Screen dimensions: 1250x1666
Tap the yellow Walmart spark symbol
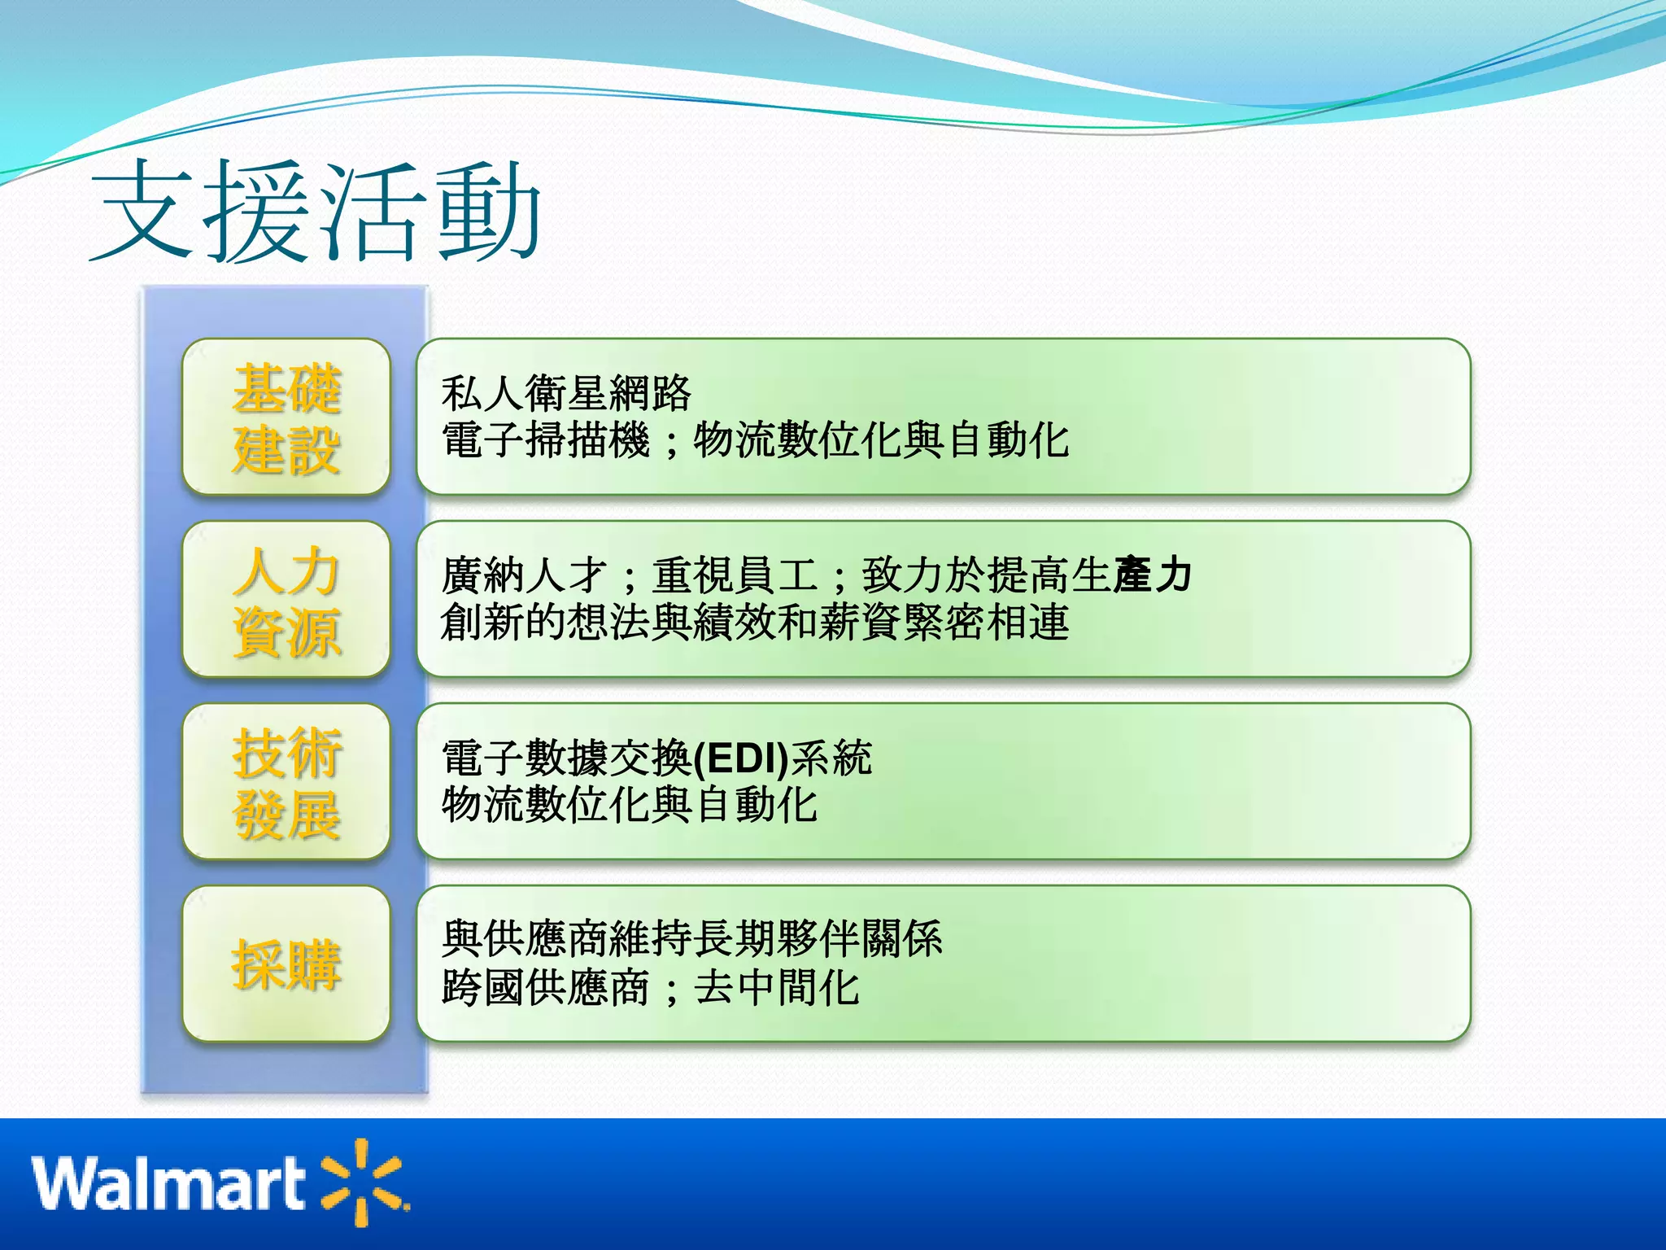(364, 1182)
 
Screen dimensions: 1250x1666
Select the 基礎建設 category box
(286, 417)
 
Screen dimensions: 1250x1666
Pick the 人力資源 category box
(286, 600)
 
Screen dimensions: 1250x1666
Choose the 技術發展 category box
(286, 782)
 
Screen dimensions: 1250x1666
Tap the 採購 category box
(286, 964)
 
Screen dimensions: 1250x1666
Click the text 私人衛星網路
(566, 394)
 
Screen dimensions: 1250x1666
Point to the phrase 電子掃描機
(545, 440)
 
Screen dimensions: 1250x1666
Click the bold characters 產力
(1153, 575)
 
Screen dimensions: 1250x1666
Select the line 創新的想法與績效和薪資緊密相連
(754, 623)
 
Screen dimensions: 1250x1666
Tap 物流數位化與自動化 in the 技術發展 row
(629, 805)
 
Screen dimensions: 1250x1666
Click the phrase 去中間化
(776, 988)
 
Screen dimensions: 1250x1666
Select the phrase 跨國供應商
(545, 988)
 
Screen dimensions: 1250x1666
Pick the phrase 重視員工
(735, 575)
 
